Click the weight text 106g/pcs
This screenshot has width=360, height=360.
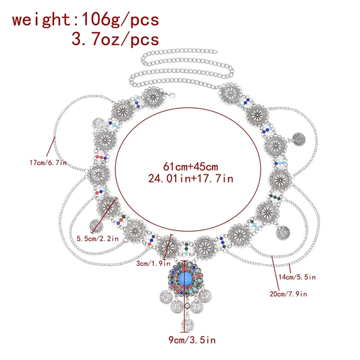(120, 20)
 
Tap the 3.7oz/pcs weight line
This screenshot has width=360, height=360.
(115, 39)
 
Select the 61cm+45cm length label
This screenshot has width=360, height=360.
(191, 167)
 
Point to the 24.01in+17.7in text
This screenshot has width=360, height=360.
(191, 178)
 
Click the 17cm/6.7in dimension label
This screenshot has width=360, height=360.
(48, 163)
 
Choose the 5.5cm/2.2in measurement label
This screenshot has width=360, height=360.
(98, 239)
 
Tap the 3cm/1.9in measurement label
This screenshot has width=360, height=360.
(153, 263)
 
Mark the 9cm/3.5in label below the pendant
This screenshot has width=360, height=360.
(192, 340)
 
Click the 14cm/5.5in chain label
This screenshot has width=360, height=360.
(297, 277)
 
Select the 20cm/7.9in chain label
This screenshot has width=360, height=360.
(289, 294)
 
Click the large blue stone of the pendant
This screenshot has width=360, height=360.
(185, 278)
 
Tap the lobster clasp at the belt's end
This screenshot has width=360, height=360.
(170, 94)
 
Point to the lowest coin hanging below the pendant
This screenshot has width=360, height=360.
(187, 325)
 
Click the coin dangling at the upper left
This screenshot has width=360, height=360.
(99, 124)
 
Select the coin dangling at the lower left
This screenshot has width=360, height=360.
(96, 226)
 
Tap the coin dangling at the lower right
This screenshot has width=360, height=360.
(283, 233)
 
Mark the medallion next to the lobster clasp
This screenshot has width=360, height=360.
(154, 98)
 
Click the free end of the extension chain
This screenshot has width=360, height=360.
(215, 51)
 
